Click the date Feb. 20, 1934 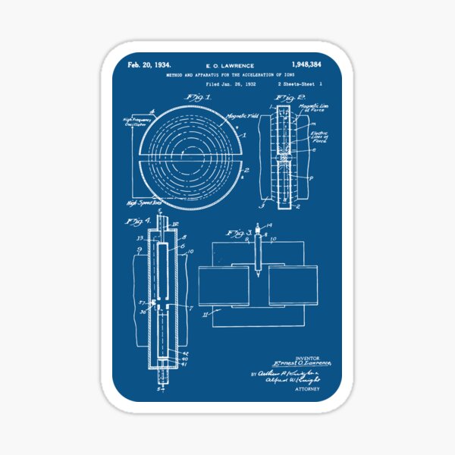(x=149, y=65)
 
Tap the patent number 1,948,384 (x=306, y=66)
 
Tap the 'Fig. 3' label (x=236, y=233)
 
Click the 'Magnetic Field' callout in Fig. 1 (x=242, y=116)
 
